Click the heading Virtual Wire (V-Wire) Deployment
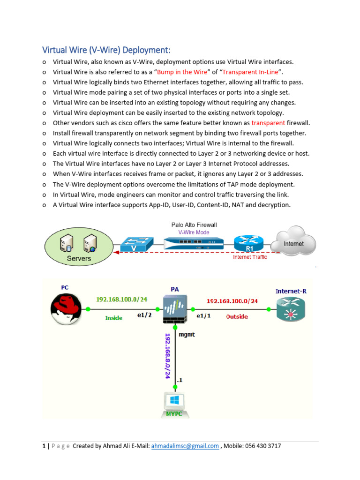tap(106, 50)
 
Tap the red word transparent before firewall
tap(268, 123)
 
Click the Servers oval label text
tap(79, 258)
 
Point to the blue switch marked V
tap(136, 244)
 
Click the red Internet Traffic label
tap(250, 257)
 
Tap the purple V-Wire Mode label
tap(194, 232)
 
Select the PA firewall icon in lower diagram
tap(175, 309)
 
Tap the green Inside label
tap(113, 318)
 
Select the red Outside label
tap(237, 317)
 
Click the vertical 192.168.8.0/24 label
tap(167, 356)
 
